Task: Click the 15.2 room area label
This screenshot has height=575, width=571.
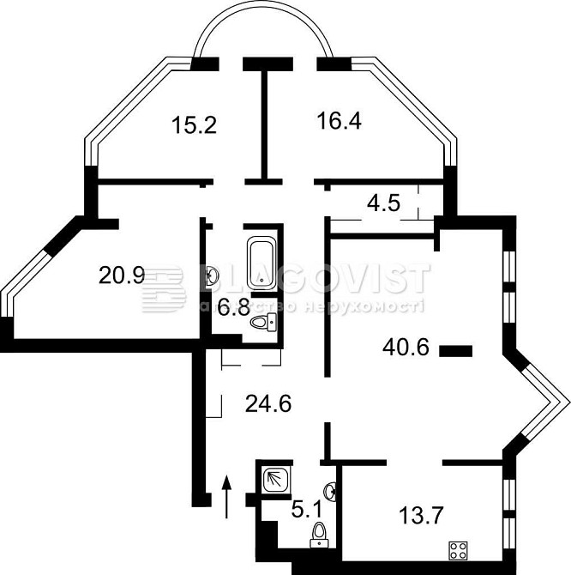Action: pyautogui.click(x=194, y=124)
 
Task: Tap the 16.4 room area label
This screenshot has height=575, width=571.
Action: pyautogui.click(x=340, y=121)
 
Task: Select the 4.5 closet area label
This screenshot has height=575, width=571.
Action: pyautogui.click(x=383, y=203)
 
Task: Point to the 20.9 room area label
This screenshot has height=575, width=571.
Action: pyautogui.click(x=122, y=275)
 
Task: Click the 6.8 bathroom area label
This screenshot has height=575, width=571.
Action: pyautogui.click(x=233, y=307)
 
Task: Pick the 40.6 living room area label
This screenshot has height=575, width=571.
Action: pyautogui.click(x=406, y=347)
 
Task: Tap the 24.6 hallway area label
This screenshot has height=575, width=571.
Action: pyautogui.click(x=268, y=403)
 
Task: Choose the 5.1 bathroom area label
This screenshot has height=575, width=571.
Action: pyautogui.click(x=306, y=510)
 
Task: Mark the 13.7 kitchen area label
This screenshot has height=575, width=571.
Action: pyautogui.click(x=421, y=515)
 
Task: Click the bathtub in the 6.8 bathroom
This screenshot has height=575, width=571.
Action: pyautogui.click(x=261, y=263)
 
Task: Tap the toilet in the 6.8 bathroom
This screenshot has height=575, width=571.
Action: pyautogui.click(x=264, y=323)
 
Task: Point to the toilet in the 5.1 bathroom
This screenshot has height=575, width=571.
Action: pyautogui.click(x=320, y=535)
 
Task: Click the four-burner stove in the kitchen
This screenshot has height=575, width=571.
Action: pyautogui.click(x=458, y=550)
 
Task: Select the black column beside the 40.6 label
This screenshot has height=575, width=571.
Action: pyautogui.click(x=455, y=351)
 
